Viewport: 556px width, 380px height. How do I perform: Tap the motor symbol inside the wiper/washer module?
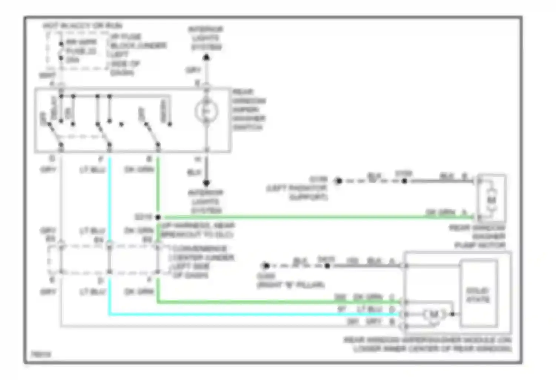coord(433,314)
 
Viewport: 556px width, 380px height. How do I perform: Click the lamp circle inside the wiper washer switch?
coord(206,111)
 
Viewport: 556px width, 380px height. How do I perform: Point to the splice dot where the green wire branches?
coord(158,217)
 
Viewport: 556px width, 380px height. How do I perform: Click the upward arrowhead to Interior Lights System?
coord(206,57)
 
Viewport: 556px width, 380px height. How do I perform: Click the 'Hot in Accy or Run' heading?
coord(82,26)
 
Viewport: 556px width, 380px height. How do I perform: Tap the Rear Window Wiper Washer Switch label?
coord(249,109)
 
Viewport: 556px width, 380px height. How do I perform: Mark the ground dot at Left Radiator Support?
coord(338,181)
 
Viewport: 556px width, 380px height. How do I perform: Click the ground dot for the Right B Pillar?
coord(265,265)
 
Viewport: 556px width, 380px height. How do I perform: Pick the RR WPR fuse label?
coord(82,51)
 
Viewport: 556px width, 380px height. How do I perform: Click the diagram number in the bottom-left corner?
coord(41,354)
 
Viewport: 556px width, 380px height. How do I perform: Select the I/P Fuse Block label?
coord(137,54)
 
